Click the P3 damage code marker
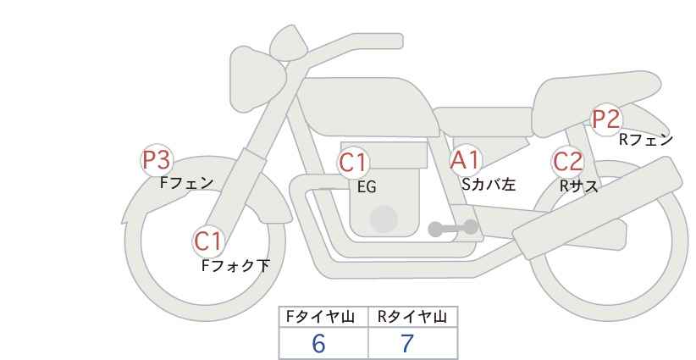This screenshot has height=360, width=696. point(157,160)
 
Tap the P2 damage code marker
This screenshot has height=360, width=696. point(606,119)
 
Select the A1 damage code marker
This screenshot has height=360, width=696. point(465,161)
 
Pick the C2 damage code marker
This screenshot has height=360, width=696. point(567,162)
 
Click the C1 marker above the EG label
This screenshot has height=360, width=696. point(353,163)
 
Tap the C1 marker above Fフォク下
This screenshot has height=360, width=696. point(208,242)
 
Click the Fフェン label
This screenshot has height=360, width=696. point(186,183)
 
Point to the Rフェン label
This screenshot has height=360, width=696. point(646,140)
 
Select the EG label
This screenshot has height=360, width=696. point(367,187)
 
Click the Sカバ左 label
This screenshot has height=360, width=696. point(489,184)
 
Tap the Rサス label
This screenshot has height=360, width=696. point(579,186)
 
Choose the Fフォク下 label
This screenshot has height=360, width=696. point(235,266)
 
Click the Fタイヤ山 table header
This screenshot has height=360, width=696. point(320,317)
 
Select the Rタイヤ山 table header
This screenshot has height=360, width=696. point(412,317)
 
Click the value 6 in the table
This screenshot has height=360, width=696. point(318,343)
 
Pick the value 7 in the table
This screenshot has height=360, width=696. point(407,343)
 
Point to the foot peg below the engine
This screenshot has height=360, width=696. point(453,228)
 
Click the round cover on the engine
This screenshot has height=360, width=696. point(384,219)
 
